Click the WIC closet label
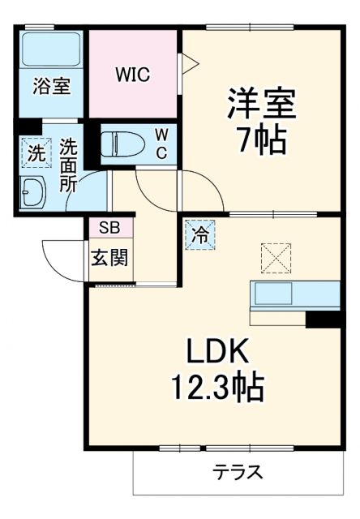[x=132, y=75]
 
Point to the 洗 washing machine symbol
[x=36, y=151]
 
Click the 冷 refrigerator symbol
[x=199, y=235]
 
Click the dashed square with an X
[x=276, y=259]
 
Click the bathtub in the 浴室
[x=51, y=50]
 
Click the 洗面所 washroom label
[x=71, y=165]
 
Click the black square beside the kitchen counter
[x=322, y=319]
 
